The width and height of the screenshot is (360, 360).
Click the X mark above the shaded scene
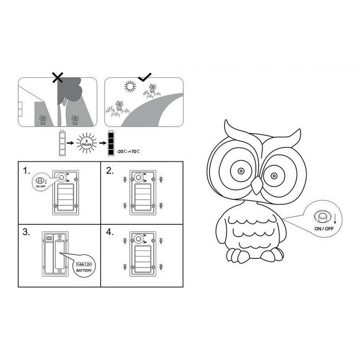(x=58, y=77)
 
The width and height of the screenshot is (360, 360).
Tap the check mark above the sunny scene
(x=145, y=77)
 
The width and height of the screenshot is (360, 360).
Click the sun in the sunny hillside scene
(x=130, y=86)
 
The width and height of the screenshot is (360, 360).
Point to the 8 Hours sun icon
(x=87, y=143)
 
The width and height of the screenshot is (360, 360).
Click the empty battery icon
(x=62, y=143)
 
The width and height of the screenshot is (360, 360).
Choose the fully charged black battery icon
(x=111, y=143)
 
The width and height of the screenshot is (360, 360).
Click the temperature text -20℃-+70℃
(x=129, y=152)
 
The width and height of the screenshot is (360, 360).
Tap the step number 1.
(x=26, y=171)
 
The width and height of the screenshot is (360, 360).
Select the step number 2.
(x=109, y=171)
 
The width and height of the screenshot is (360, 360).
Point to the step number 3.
(x=26, y=232)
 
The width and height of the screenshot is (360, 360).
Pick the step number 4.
(x=109, y=232)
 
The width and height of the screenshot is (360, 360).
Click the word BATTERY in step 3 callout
(x=84, y=270)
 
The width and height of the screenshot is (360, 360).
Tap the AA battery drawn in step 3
(x=59, y=254)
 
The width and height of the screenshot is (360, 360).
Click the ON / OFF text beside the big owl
(x=324, y=229)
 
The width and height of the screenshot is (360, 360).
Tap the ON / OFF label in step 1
(x=41, y=186)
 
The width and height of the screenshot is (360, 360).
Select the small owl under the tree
(x=75, y=120)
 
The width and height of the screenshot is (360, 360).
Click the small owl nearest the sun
(x=152, y=89)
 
